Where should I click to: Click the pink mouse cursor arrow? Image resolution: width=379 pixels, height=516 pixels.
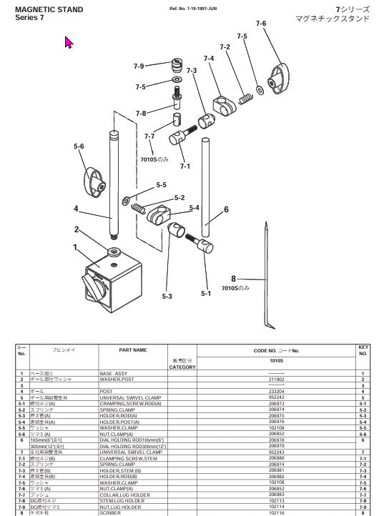[x=69, y=43]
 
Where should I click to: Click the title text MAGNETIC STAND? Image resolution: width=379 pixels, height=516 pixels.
[x=49, y=9]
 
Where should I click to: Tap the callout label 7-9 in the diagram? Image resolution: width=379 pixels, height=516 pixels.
[x=139, y=66]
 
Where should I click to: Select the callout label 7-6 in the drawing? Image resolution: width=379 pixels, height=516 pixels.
[x=260, y=24]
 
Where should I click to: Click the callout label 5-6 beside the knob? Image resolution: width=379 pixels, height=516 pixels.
[x=79, y=147]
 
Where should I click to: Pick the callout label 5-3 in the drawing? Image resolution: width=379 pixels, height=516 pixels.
[x=167, y=296]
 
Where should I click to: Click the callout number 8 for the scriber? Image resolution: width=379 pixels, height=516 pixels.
[x=233, y=279]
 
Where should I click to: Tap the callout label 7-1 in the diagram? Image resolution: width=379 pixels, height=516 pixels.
[x=184, y=166]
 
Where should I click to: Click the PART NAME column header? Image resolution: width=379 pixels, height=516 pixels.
[x=133, y=350]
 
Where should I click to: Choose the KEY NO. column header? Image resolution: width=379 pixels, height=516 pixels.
[x=363, y=350]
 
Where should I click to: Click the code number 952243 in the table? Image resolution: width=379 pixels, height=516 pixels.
[x=275, y=452]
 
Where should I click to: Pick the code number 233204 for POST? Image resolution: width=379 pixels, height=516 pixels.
[x=275, y=392]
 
